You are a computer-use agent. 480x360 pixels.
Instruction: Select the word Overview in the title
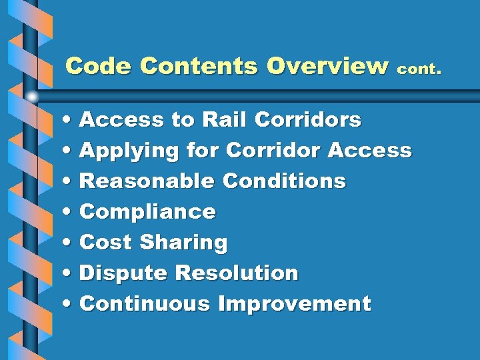(327, 66)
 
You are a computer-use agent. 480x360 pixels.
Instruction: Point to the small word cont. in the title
(419, 68)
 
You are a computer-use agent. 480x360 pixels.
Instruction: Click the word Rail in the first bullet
(225, 120)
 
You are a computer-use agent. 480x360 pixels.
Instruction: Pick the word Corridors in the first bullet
(308, 120)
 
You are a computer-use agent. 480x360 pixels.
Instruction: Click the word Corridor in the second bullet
(274, 151)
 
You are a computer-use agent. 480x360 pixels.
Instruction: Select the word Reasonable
(147, 181)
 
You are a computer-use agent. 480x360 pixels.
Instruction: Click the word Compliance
(147, 212)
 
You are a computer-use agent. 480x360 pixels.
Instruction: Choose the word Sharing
(183, 243)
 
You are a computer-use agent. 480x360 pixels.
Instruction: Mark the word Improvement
(294, 305)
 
